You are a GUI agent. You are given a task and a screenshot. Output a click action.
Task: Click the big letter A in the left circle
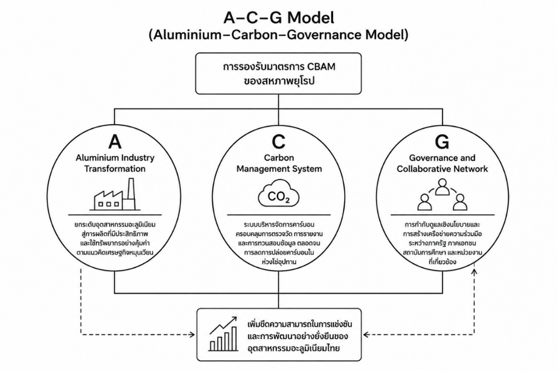tap(115, 142)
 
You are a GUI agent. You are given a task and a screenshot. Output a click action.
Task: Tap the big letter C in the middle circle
tap(278, 142)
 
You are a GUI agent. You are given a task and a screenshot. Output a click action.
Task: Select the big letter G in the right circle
tap(442, 142)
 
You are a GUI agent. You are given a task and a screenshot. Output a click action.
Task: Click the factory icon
tap(114, 194)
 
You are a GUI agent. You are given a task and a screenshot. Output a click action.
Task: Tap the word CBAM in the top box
tap(322, 67)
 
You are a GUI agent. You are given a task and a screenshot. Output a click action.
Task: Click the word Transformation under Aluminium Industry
tap(115, 168)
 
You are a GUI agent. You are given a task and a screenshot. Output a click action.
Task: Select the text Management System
tap(279, 168)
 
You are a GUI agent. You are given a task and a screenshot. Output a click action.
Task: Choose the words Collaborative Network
tap(442, 168)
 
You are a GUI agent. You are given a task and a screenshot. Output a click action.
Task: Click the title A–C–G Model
tap(279, 18)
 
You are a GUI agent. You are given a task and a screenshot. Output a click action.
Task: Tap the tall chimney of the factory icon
tap(131, 194)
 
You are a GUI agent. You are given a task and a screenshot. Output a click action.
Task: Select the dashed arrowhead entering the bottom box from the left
tap(192, 334)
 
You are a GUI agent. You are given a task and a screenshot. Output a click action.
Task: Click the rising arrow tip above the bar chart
tap(234, 319)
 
